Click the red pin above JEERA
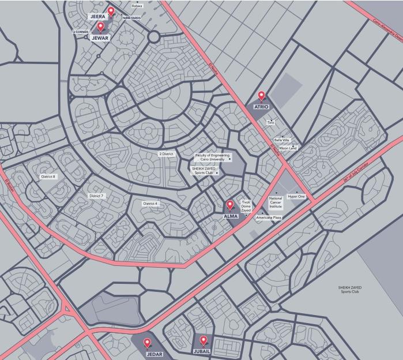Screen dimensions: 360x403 (x=111, y=11)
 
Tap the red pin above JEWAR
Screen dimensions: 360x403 (x=100, y=27)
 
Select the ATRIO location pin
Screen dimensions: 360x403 (x=261, y=96)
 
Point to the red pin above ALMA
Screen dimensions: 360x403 (x=230, y=204)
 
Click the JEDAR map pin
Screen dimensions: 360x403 (x=147, y=343)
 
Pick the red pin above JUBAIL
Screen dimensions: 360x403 (x=203, y=340)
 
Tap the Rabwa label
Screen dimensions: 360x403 (x=137, y=6)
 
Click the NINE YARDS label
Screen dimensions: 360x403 (x=131, y=18)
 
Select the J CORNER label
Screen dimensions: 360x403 (x=81, y=32)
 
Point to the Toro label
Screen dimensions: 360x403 (x=270, y=122)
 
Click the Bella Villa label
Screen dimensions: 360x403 (x=281, y=140)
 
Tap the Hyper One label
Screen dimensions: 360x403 (x=296, y=197)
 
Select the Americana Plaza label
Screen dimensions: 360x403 (x=269, y=217)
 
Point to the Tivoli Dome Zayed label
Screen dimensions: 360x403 (x=246, y=207)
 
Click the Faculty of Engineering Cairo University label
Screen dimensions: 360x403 (x=212, y=157)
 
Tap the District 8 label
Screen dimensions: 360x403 (x=48, y=177)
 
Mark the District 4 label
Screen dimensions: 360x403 (x=150, y=204)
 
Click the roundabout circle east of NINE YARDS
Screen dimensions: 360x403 (x=153, y=37)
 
